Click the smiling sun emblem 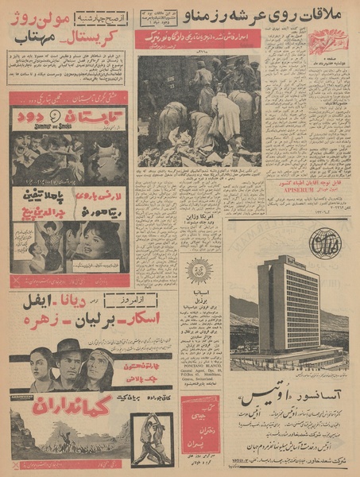199,270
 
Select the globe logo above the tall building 323,244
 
